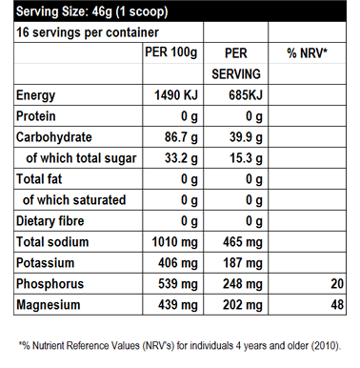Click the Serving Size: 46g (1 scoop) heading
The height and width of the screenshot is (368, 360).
92,12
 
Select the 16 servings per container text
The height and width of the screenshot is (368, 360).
88,32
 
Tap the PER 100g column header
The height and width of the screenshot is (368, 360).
171,52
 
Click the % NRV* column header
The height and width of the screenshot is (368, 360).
307,53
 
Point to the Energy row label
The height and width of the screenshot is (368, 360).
35,95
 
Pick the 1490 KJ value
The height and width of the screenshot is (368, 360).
176,95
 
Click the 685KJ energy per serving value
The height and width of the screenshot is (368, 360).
246,95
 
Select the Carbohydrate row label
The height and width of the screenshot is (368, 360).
54,137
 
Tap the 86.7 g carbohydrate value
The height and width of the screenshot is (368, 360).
181,137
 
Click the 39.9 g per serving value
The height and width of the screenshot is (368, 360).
246,137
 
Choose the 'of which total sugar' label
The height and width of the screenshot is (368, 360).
81,158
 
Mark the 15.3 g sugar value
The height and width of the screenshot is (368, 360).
246,158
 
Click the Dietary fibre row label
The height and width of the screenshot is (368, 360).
50,221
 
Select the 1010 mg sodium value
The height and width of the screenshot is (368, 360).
174,242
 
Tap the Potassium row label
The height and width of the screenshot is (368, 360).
45,263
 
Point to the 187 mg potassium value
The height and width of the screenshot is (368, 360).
243,263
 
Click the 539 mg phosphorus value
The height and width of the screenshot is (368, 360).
178,284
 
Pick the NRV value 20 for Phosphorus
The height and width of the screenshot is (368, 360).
337,284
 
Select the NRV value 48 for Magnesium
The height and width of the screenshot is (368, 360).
337,305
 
